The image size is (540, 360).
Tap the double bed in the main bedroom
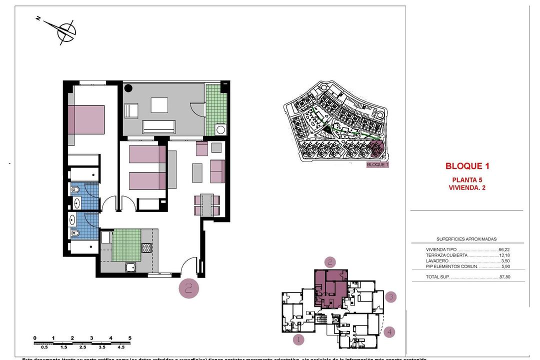86,119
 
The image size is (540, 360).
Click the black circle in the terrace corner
128,88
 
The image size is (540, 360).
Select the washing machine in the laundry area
220,129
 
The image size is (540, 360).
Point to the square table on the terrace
159,104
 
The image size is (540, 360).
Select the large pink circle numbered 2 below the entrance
188,288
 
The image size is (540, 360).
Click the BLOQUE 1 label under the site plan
377,164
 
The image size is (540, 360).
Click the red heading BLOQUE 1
467,166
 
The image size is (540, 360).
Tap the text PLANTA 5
467,180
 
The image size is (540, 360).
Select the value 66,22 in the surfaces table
504,249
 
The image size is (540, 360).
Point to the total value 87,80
504,277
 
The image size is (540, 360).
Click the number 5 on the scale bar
130,338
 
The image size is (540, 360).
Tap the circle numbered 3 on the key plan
391,297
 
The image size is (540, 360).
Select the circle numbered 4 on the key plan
390,331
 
